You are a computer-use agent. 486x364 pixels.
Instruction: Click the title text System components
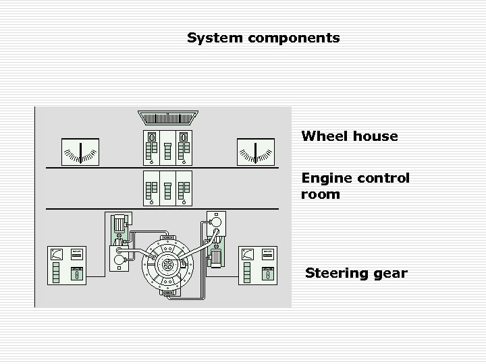click(x=263, y=38)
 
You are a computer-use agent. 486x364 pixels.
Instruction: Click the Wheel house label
click(x=350, y=136)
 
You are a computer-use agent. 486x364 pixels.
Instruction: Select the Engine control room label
click(x=355, y=186)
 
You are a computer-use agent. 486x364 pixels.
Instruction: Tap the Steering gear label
click(x=356, y=273)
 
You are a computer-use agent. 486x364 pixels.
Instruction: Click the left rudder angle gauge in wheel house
click(x=80, y=152)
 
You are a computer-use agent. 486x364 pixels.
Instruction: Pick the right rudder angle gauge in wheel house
click(x=256, y=152)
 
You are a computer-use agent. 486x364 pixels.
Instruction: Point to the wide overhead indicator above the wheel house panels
click(x=167, y=117)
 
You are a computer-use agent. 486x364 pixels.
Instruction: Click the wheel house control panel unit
click(x=167, y=147)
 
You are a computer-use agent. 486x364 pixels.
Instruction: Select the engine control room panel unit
click(x=167, y=188)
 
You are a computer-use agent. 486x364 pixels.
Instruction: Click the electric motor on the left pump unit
click(x=119, y=224)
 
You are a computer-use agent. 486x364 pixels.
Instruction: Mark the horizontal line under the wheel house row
click(x=162, y=167)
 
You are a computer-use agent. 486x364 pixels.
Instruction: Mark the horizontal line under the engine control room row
click(x=162, y=209)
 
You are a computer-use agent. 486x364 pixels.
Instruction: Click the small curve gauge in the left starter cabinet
click(x=57, y=254)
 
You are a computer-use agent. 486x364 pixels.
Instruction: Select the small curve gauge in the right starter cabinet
click(x=248, y=254)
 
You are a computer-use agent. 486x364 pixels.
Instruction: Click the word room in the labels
click(x=321, y=195)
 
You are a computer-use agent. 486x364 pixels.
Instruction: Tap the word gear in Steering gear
click(x=391, y=273)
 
